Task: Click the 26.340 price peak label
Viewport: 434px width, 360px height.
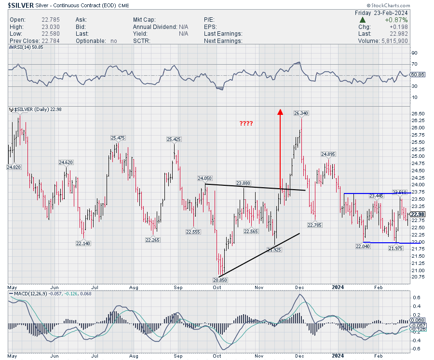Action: (x=301, y=113)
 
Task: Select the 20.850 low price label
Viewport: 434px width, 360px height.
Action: (x=220, y=279)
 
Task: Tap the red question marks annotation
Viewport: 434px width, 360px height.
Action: (x=246, y=124)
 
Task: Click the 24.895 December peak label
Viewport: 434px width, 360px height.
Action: (x=328, y=154)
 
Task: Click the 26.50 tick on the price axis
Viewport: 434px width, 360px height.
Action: (x=418, y=114)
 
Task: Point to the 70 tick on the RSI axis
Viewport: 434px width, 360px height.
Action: (x=414, y=64)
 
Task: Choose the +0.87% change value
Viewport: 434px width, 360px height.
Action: (x=396, y=20)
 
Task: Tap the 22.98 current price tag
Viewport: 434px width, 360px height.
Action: (x=418, y=214)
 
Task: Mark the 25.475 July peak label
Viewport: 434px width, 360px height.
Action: (x=118, y=138)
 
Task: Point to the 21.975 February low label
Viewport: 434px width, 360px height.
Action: (x=395, y=248)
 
